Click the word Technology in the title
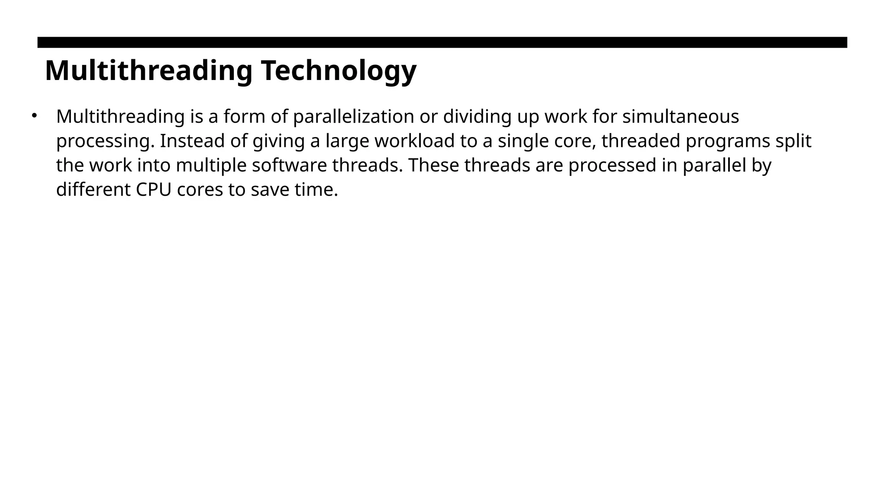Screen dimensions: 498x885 click(338, 70)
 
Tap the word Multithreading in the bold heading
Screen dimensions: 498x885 click(148, 70)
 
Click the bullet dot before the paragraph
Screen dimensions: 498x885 click(34, 115)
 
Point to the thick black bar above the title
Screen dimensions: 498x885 click(442, 42)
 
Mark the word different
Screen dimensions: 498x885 click(93, 190)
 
